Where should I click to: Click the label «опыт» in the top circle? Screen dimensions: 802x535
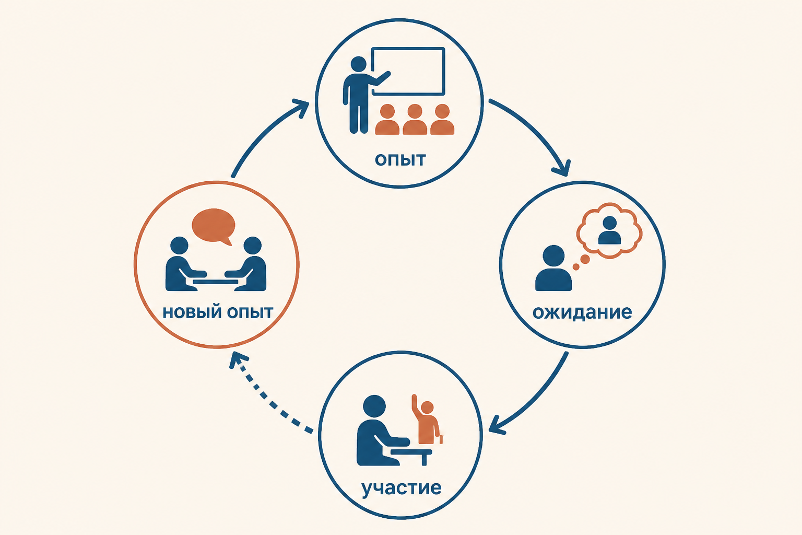[x=400, y=160]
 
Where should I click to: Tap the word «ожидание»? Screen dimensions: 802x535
[x=582, y=312]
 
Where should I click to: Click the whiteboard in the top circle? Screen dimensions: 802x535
[x=408, y=71]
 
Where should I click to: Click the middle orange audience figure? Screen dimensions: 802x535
[x=415, y=119]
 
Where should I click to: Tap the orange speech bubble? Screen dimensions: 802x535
[x=214, y=226]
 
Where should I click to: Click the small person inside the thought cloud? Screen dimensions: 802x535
[x=609, y=230]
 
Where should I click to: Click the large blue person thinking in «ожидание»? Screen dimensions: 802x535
[x=553, y=268]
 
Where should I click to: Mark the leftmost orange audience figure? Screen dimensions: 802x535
[x=387, y=119]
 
